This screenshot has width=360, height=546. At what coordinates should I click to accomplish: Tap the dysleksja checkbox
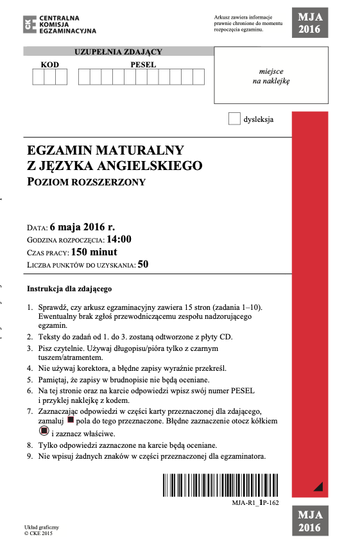(234, 119)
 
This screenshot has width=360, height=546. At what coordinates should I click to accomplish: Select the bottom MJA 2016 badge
(310, 522)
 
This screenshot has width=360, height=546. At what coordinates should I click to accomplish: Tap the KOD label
(49, 65)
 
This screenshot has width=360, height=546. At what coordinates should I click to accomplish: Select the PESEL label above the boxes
(143, 65)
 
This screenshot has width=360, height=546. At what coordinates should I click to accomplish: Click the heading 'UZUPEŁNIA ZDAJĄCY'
(118, 52)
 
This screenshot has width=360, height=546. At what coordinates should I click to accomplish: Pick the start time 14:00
(119, 239)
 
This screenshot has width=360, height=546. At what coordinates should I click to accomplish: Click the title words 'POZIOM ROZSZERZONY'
(87, 182)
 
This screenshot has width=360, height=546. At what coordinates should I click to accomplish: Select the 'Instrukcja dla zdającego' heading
(70, 289)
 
